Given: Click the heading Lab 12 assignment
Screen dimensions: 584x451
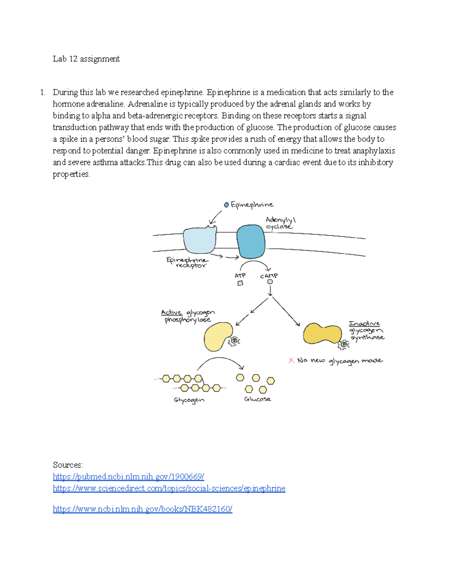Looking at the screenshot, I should (86, 59).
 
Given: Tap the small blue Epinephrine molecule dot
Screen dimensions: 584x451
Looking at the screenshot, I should (226, 205).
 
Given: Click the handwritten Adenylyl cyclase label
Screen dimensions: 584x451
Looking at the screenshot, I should (280, 223).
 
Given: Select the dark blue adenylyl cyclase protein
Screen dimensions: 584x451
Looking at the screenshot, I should (251, 241).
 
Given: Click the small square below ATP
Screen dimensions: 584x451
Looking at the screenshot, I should (240, 283).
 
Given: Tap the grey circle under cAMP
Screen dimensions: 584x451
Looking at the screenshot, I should (270, 282).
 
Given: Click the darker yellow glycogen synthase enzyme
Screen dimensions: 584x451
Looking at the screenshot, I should (322, 334).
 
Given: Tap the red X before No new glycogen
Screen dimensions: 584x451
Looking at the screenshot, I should (291, 360).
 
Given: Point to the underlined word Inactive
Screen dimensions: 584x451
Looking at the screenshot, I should (364, 323).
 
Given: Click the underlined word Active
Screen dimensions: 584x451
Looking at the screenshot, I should (171, 312).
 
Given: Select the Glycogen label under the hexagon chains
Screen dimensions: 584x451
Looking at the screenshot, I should (189, 400).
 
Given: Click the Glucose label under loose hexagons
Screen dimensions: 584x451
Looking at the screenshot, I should (257, 399).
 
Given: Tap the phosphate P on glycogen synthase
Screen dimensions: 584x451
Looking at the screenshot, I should (344, 344).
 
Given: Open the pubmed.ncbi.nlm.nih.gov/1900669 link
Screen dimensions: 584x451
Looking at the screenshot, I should (128, 477).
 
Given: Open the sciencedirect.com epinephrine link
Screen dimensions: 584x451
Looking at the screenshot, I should (169, 488).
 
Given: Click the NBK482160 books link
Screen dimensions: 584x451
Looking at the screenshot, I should (142, 509).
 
